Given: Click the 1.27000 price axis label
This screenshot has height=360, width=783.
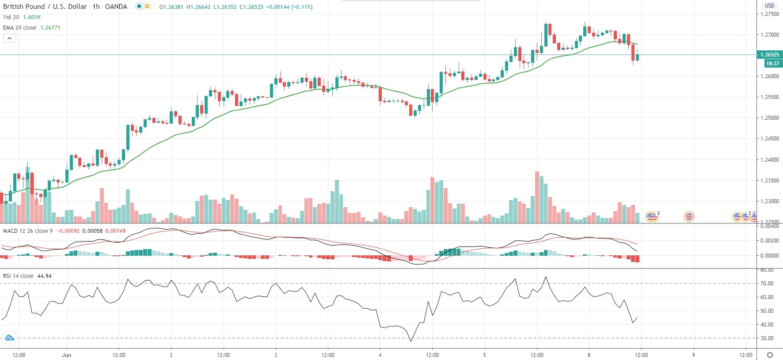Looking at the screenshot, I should point(769,34).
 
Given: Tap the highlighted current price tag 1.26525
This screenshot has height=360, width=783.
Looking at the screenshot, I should point(769,55).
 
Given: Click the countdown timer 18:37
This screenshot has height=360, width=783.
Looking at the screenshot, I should point(772,64).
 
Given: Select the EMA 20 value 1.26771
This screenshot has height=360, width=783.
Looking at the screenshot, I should point(50,27).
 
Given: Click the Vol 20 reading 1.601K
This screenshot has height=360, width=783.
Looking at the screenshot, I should point(32,17).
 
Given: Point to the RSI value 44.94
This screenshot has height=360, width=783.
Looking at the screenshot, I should point(44,276).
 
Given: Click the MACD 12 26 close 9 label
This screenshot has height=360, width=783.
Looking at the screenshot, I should point(28,231).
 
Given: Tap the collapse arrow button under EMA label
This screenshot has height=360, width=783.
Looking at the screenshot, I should point(9,38).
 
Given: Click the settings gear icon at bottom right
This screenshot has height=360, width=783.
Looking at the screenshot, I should point(770,355).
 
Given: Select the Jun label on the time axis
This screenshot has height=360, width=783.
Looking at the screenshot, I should point(67,355).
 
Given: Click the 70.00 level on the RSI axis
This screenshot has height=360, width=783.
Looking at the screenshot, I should point(767,284).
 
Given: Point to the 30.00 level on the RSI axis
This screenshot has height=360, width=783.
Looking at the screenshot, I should point(767,338).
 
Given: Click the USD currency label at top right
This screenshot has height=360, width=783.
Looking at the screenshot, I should point(770,6).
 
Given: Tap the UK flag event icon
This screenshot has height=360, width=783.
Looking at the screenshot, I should point(689,216).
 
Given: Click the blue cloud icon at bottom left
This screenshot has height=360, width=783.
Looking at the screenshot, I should point(9,338).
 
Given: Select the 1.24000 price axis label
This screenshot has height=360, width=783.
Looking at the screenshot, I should point(769,160).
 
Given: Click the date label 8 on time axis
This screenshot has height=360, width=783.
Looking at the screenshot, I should point(589,355).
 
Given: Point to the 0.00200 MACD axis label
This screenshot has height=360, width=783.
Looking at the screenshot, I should point(769,241).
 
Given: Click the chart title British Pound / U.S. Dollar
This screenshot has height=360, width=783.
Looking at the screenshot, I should point(46,7).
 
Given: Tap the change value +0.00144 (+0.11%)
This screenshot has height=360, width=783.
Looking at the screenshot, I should point(289,7).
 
